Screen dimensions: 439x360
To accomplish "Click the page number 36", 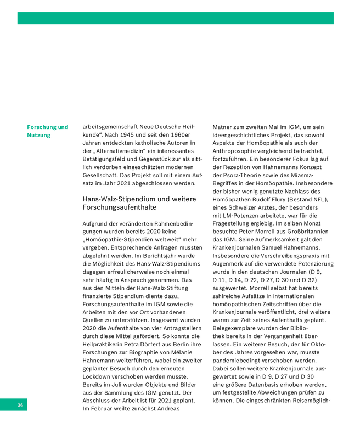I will coord(20,405).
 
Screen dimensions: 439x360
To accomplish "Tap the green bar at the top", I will coord(175,18).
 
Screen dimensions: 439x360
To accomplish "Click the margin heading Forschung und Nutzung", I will coord(48,131).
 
